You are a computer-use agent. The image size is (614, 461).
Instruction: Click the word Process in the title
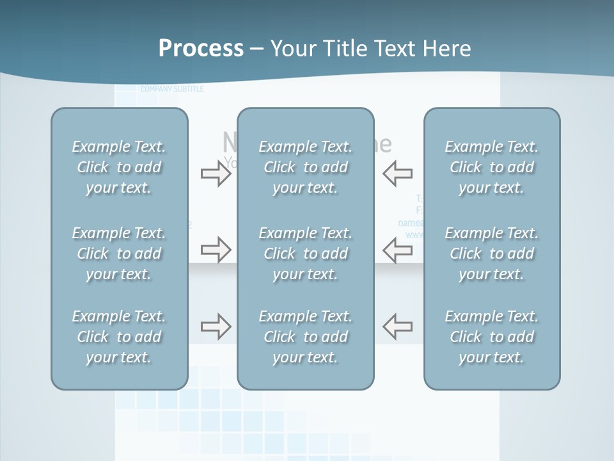pyautogui.click(x=201, y=49)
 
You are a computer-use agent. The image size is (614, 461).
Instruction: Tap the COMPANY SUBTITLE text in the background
pyautogui.click(x=172, y=90)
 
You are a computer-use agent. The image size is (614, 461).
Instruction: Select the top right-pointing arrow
pyautogui.click(x=216, y=174)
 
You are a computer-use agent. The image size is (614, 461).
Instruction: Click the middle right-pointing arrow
pyautogui.click(x=216, y=250)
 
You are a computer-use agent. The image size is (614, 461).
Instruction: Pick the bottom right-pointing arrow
pyautogui.click(x=216, y=327)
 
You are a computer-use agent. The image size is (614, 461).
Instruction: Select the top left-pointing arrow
pyautogui.click(x=398, y=174)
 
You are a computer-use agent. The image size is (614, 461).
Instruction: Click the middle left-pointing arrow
pyautogui.click(x=398, y=250)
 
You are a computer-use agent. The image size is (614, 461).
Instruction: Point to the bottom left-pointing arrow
pyautogui.click(x=398, y=327)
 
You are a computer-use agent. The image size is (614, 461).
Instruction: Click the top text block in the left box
pyautogui.click(x=119, y=167)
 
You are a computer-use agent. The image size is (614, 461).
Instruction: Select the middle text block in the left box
pyautogui.click(x=119, y=254)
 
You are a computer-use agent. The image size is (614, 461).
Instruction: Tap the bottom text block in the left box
pyautogui.click(x=119, y=337)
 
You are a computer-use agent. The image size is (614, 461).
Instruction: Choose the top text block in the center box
pyautogui.click(x=306, y=167)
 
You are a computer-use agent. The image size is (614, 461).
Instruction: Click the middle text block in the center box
pyautogui.click(x=306, y=254)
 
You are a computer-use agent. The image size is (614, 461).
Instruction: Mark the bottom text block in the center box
pyautogui.click(x=306, y=337)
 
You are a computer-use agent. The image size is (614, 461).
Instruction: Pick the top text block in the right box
pyautogui.click(x=492, y=167)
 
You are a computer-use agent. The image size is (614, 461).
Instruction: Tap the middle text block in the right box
pyautogui.click(x=492, y=254)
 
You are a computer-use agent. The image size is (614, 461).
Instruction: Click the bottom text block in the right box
pyautogui.click(x=492, y=337)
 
